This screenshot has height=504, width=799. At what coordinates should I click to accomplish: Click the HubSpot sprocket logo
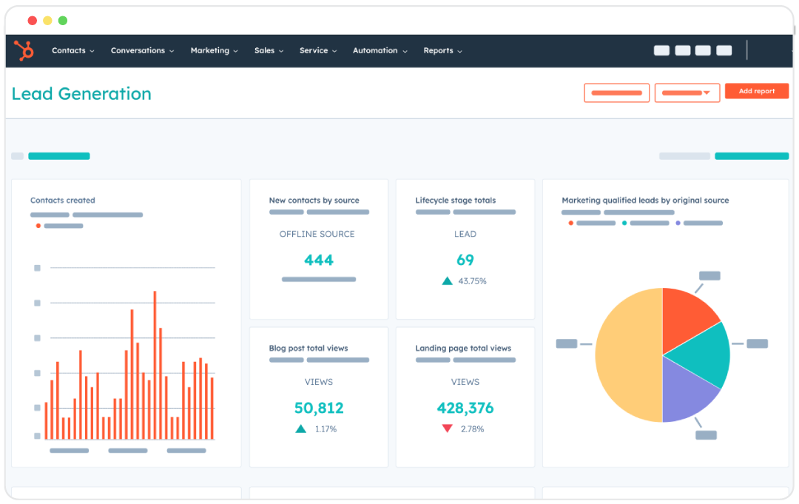pyautogui.click(x=24, y=51)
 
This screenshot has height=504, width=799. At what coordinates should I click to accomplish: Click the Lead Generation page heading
pyautogui.click(x=81, y=94)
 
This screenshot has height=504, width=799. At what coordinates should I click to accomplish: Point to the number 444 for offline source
pyautogui.click(x=319, y=261)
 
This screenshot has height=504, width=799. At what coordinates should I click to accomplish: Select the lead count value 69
pyautogui.click(x=465, y=261)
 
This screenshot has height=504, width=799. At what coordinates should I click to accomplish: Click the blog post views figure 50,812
pyautogui.click(x=319, y=409)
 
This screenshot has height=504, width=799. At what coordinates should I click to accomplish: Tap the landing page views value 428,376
pyautogui.click(x=465, y=409)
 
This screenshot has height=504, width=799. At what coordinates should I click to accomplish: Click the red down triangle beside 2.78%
pyautogui.click(x=447, y=429)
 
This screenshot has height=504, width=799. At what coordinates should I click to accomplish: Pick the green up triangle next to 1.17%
pyautogui.click(x=300, y=429)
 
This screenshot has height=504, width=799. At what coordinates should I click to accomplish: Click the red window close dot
pyautogui.click(x=32, y=21)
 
